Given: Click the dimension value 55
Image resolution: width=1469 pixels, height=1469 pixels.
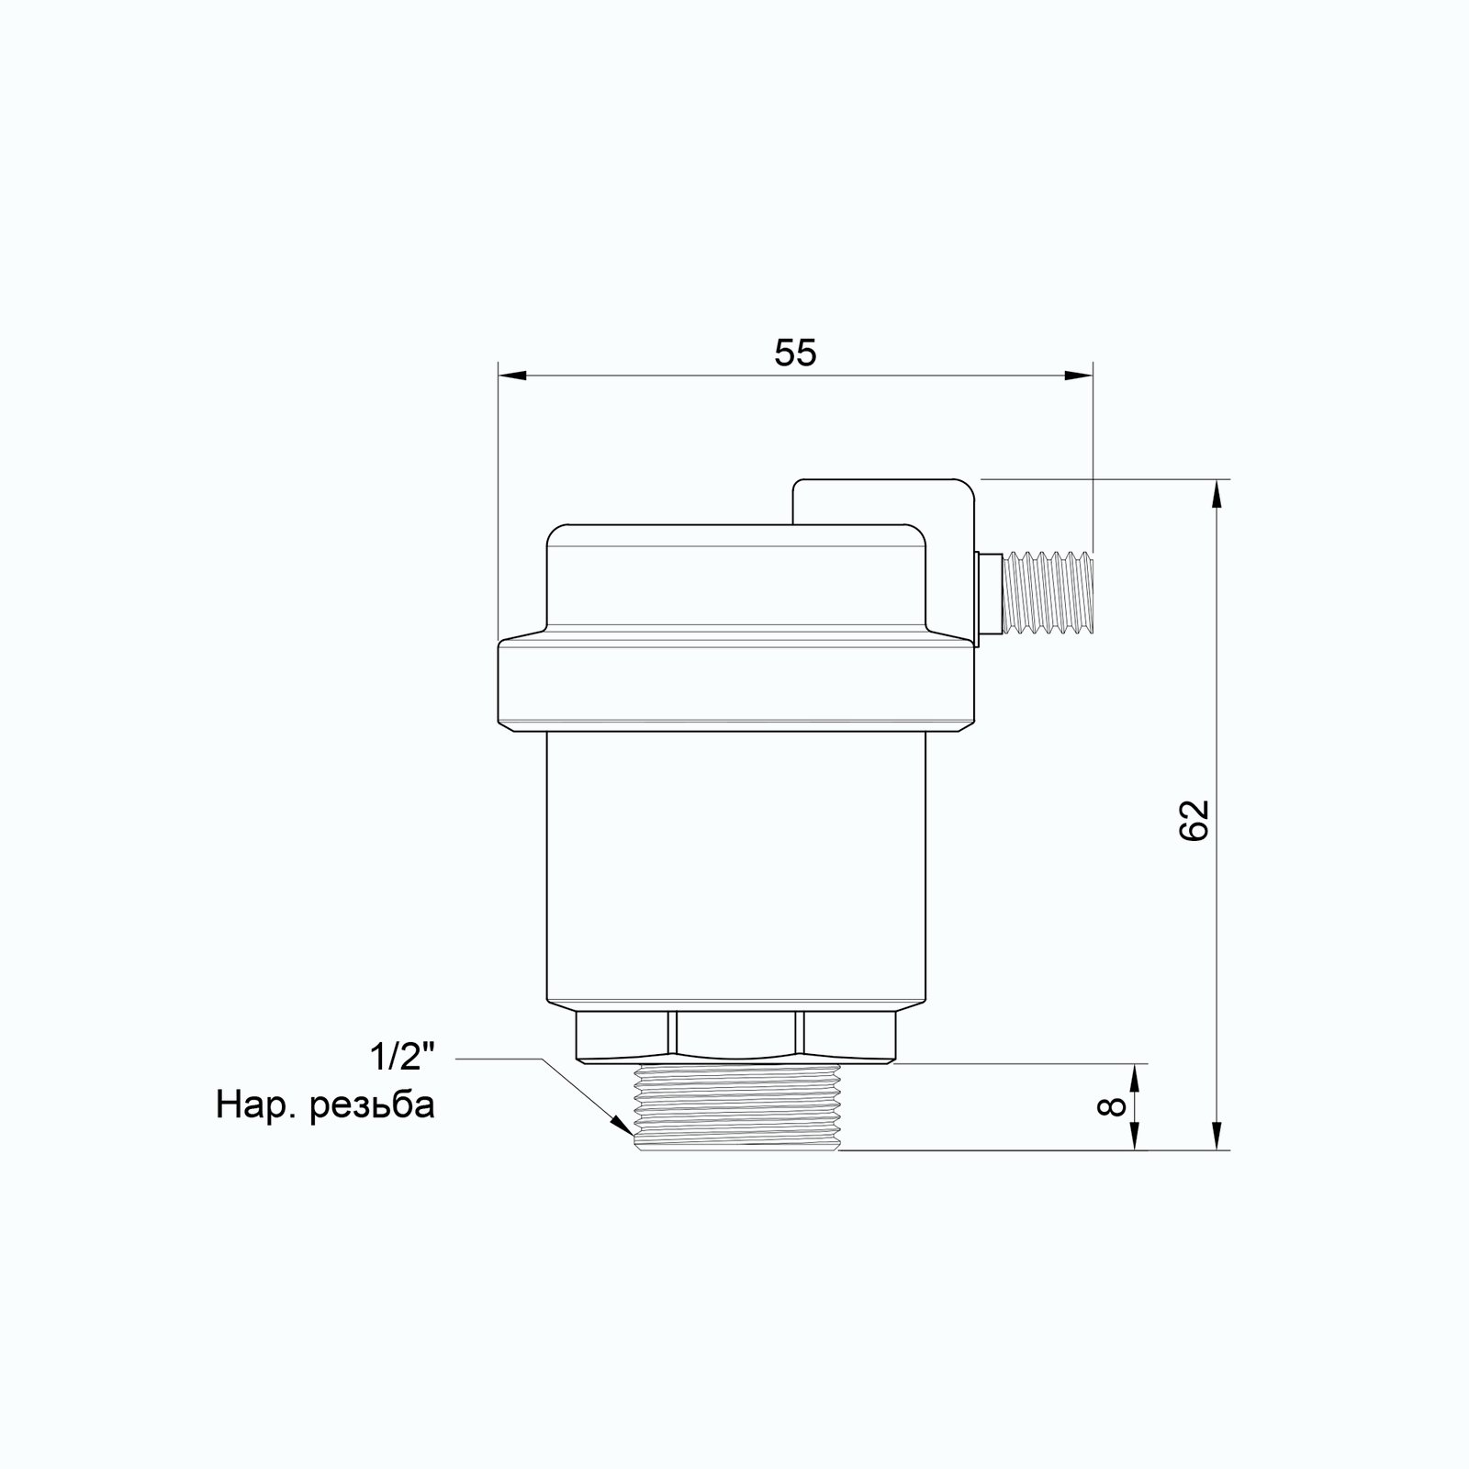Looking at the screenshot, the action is pyautogui.click(x=795, y=353).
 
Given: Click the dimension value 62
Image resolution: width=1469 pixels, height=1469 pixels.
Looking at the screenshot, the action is pyautogui.click(x=1194, y=820).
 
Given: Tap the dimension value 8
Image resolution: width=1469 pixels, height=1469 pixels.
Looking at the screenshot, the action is pyautogui.click(x=1111, y=1105).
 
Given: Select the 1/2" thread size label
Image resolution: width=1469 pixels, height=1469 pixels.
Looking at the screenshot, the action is pyautogui.click(x=401, y=1059).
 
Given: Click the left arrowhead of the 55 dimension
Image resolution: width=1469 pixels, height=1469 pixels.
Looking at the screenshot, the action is pyautogui.click(x=512, y=376).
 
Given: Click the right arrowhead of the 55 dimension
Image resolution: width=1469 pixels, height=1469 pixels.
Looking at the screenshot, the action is pyautogui.click(x=1078, y=376).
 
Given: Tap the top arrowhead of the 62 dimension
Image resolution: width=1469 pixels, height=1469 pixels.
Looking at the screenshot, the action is pyautogui.click(x=1217, y=494).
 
